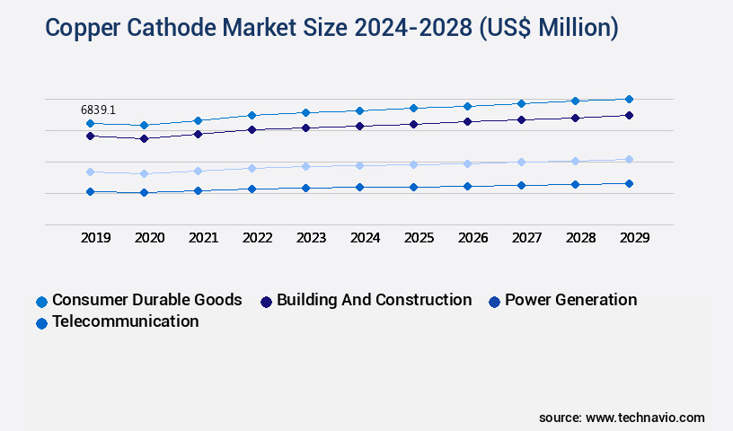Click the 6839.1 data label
(x=98, y=110)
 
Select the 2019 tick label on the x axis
(x=96, y=238)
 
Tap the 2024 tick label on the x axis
(x=365, y=238)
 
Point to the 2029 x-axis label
(x=633, y=238)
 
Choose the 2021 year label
(x=203, y=238)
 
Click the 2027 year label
(x=526, y=238)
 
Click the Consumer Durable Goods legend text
(x=146, y=300)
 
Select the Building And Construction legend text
(x=374, y=300)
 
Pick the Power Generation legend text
(x=570, y=300)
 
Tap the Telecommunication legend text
(x=125, y=321)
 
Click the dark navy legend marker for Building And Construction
(x=266, y=302)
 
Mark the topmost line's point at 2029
(x=629, y=99)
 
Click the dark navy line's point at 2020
(x=144, y=138)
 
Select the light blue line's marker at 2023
(x=305, y=166)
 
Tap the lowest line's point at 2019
(x=90, y=191)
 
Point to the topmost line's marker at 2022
(x=252, y=115)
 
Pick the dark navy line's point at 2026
(x=467, y=121)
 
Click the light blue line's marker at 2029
(x=629, y=159)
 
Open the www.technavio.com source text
(x=645, y=418)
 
